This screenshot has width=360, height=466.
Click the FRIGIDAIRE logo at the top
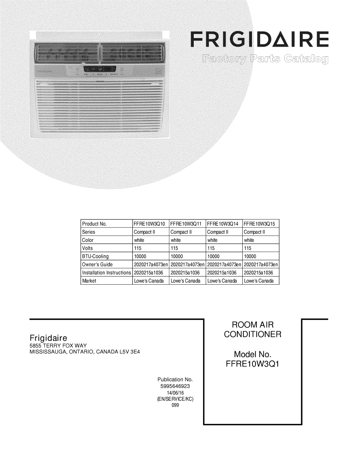coord(259,40)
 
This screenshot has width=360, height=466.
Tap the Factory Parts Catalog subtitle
coord(265,59)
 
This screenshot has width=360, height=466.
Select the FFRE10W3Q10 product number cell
coord(150,224)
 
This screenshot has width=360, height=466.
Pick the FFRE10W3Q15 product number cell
coord(259,224)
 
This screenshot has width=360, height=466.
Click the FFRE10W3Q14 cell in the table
coord(223,224)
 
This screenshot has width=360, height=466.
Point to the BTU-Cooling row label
coord(96,256)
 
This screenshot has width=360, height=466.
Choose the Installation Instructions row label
coord(106,273)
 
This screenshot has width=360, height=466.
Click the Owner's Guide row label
coord(97,264)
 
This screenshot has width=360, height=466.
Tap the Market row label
coord(89,281)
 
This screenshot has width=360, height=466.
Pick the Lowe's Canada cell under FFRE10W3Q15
coord(259,281)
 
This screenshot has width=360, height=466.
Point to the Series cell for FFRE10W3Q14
coord(218,232)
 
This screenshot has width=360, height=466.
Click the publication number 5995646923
coord(175,386)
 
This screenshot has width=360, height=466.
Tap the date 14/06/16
coord(175,393)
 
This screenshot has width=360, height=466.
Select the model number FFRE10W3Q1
coord(252,364)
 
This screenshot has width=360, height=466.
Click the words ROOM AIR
coord(252,325)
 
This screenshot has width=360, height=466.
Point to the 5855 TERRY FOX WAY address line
coord(58,346)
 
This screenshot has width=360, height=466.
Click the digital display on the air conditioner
coord(90,70)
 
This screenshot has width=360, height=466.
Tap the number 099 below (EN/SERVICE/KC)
coord(175,405)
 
